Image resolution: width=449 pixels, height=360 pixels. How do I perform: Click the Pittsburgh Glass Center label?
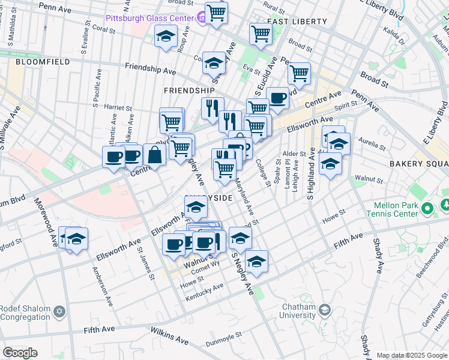pos(149,18)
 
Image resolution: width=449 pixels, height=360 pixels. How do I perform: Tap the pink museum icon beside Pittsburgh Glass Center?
pos(202,19)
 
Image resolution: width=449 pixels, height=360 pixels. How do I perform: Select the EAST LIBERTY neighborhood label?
pos(297,22)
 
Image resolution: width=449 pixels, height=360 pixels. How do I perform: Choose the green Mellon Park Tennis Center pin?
pos(427,209)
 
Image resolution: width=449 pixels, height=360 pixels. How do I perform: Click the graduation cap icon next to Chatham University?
pos(325,310)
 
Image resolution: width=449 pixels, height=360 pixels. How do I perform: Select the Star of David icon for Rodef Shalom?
pos(59,311)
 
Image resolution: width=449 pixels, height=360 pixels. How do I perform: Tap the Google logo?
pos(20,353)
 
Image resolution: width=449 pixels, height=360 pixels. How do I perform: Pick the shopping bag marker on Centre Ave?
pos(155,155)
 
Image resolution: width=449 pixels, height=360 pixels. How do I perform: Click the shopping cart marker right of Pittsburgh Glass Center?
pos(216,11)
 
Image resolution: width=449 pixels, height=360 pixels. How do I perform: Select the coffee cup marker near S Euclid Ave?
pos(277,98)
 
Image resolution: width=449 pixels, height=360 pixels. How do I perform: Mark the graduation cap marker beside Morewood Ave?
pos(76,239)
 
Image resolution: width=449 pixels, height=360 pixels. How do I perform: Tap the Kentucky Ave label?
pos(205,293)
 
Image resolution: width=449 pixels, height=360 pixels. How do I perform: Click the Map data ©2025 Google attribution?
pos(412,355)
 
